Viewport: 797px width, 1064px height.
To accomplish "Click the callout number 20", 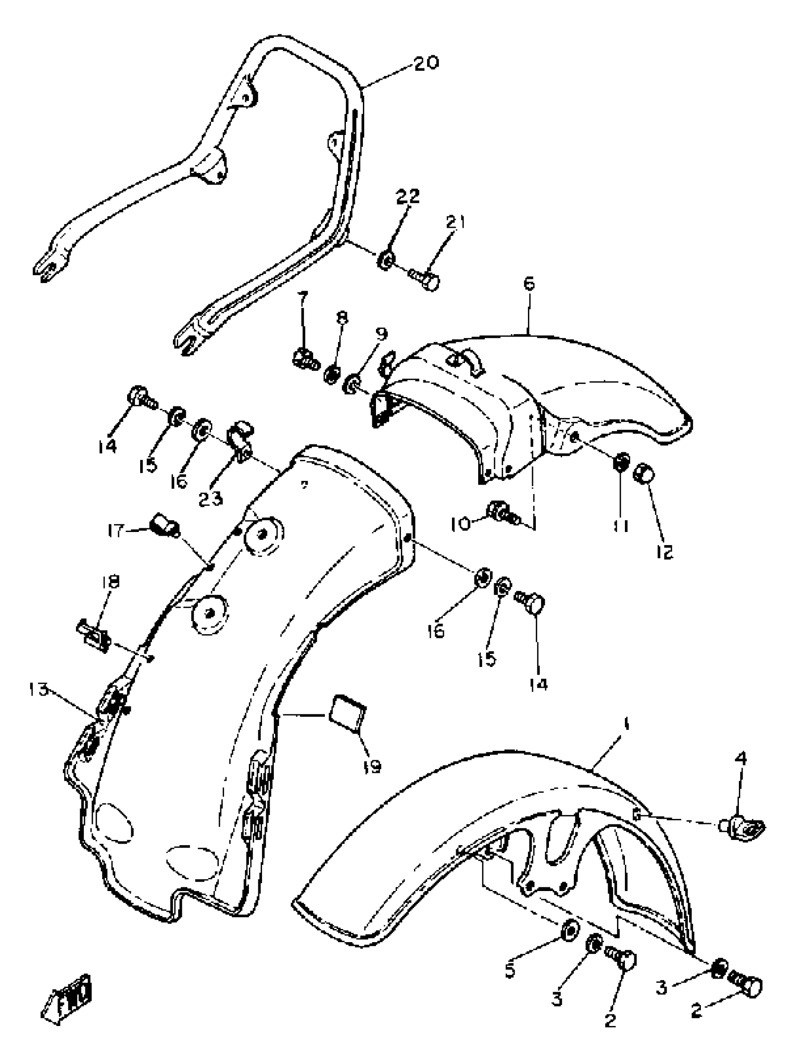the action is (x=426, y=62).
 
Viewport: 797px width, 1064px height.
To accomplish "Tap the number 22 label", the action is (x=407, y=196).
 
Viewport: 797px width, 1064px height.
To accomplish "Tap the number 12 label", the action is (x=664, y=552).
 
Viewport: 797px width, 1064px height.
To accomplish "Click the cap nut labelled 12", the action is (x=644, y=474).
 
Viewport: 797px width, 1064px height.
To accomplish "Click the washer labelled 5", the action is (x=570, y=931).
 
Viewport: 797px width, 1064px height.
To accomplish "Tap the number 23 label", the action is (x=211, y=499).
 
